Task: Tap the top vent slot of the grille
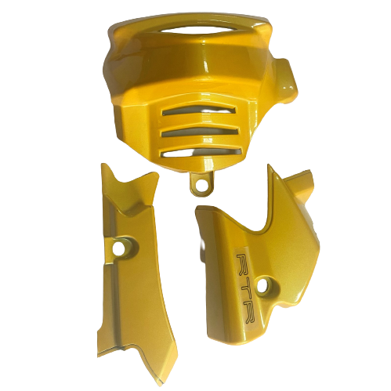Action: click(x=198, y=110)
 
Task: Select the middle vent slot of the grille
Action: click(x=200, y=132)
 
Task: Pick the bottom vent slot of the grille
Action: click(x=201, y=154)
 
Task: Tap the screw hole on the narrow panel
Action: click(x=120, y=247)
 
